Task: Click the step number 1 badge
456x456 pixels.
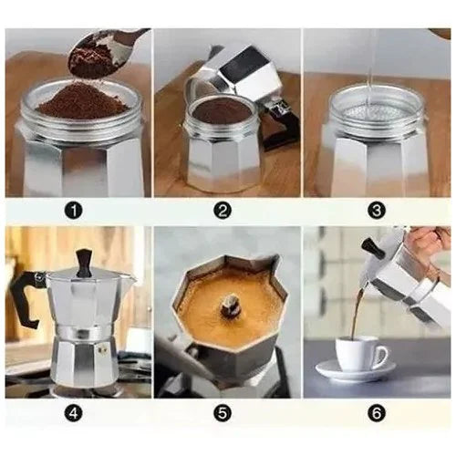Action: pos(76,210)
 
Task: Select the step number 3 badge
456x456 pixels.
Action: pos(377,210)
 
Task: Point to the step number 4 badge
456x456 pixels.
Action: pos(76,411)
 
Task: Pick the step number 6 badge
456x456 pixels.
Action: pos(377,411)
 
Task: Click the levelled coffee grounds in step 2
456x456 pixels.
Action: pos(222,111)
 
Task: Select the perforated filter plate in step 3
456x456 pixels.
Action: pos(376,108)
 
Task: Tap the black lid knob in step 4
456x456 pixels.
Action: pos(84,262)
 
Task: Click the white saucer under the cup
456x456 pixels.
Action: pos(355,372)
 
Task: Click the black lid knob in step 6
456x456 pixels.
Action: pos(368,246)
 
